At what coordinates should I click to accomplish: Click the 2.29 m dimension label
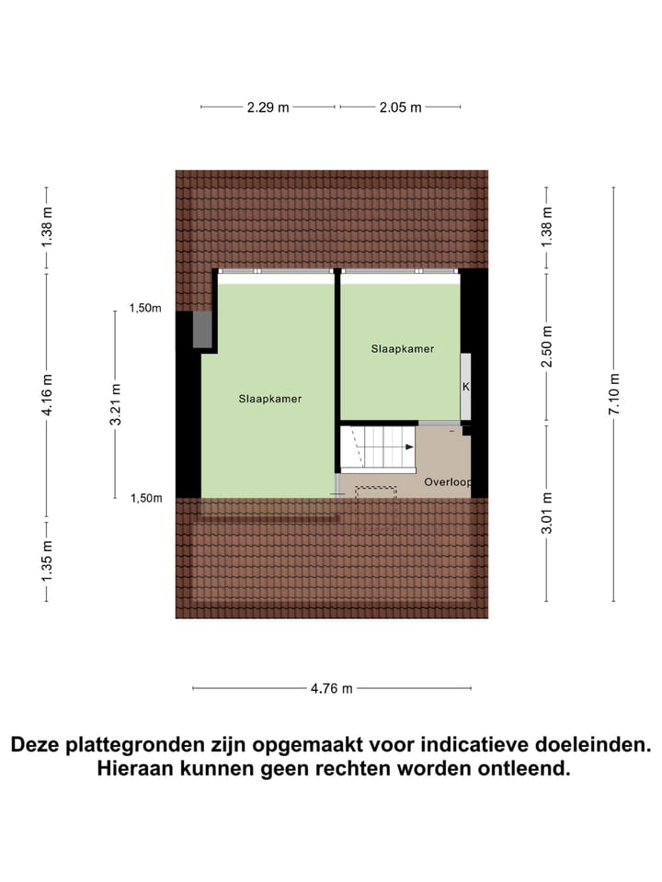(x=268, y=107)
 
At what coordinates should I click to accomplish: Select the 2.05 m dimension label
(x=400, y=107)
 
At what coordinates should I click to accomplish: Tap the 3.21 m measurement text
(x=116, y=405)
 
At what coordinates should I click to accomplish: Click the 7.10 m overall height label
(x=614, y=392)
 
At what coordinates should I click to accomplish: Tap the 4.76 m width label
(x=331, y=688)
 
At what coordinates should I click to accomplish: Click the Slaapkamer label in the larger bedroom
(x=270, y=399)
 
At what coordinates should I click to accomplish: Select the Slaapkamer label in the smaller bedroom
(x=403, y=349)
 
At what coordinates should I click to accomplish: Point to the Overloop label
(x=447, y=482)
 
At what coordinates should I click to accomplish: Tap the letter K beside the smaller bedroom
(x=466, y=387)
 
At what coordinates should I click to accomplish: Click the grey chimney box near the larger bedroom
(x=203, y=331)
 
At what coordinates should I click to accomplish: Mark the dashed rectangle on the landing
(x=375, y=492)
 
